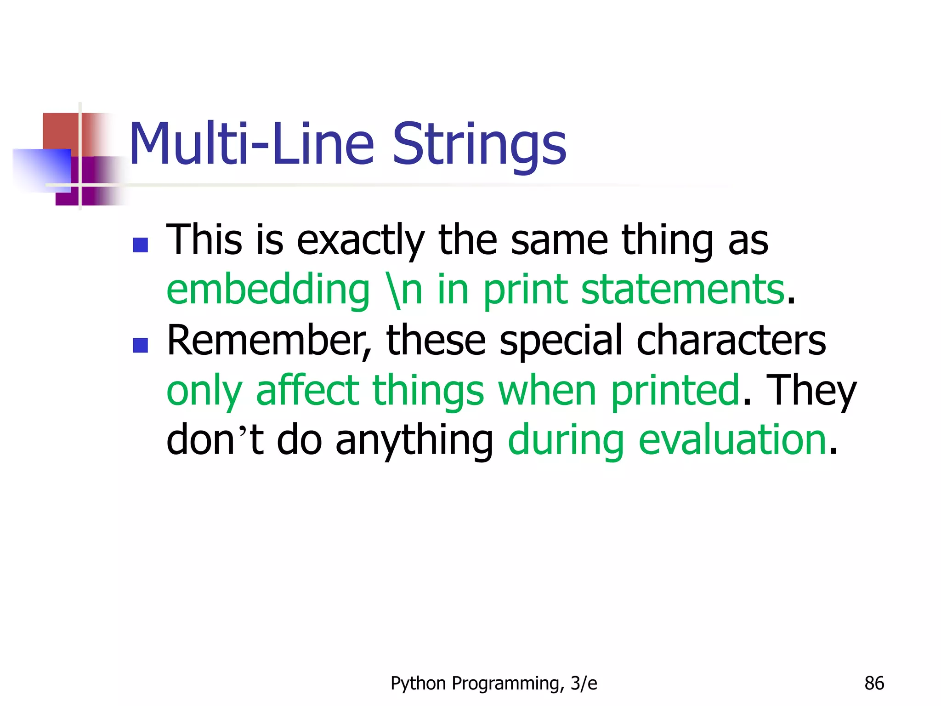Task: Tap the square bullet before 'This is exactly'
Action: point(140,245)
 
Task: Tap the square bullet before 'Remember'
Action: point(140,345)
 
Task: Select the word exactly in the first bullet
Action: point(360,241)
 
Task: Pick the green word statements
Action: point(683,290)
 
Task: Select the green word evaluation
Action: point(733,440)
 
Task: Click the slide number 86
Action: point(874,683)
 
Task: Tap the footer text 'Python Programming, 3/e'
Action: point(493,683)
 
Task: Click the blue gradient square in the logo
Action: point(42,169)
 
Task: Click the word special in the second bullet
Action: point(561,341)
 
